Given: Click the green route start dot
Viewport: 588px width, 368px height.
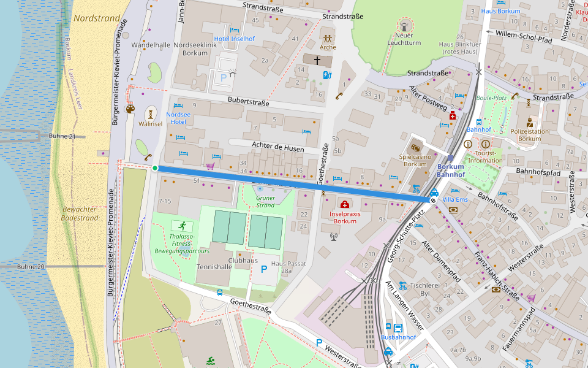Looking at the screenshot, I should (155, 168).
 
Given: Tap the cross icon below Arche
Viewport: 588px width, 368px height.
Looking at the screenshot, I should (317, 60).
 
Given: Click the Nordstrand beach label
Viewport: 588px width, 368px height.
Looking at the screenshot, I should (96, 18).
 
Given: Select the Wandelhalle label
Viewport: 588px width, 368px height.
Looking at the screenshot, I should (151, 45).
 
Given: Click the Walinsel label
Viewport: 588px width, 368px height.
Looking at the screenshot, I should (151, 123).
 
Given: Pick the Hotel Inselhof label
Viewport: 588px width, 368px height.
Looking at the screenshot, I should (234, 39).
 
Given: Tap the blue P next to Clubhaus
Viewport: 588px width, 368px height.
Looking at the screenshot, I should (264, 270).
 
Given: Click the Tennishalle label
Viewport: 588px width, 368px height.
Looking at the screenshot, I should (214, 267).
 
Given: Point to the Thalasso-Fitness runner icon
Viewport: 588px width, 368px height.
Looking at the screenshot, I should (182, 225).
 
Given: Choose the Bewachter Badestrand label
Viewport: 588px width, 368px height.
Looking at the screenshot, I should (80, 213).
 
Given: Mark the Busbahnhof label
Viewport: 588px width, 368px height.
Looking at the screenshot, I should (398, 337).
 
